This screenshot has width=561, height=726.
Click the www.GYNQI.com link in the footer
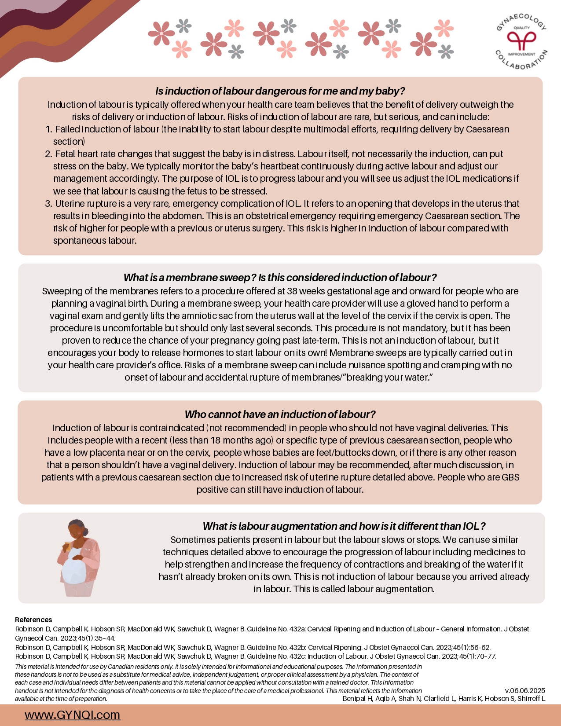(x=72, y=715)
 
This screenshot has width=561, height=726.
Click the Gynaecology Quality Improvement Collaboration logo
(x=521, y=41)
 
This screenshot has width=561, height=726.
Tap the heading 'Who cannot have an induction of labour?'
(x=280, y=414)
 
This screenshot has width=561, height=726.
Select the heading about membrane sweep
(x=280, y=278)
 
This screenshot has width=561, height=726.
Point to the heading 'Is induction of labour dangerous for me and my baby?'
(x=280, y=91)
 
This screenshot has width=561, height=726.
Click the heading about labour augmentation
(x=344, y=526)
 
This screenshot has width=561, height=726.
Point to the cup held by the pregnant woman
(x=68, y=546)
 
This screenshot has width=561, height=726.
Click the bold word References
(x=33, y=620)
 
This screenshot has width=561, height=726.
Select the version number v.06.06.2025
(x=525, y=690)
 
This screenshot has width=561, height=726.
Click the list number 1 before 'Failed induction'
(x=48, y=129)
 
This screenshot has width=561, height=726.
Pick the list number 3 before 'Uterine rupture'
(x=48, y=204)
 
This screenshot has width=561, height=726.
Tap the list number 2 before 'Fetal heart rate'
(x=48, y=154)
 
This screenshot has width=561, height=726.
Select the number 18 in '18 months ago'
(x=216, y=440)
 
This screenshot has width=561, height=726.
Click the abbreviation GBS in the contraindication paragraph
(x=510, y=477)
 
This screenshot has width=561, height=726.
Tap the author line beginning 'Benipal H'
(x=444, y=699)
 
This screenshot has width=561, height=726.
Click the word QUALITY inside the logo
(x=522, y=28)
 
